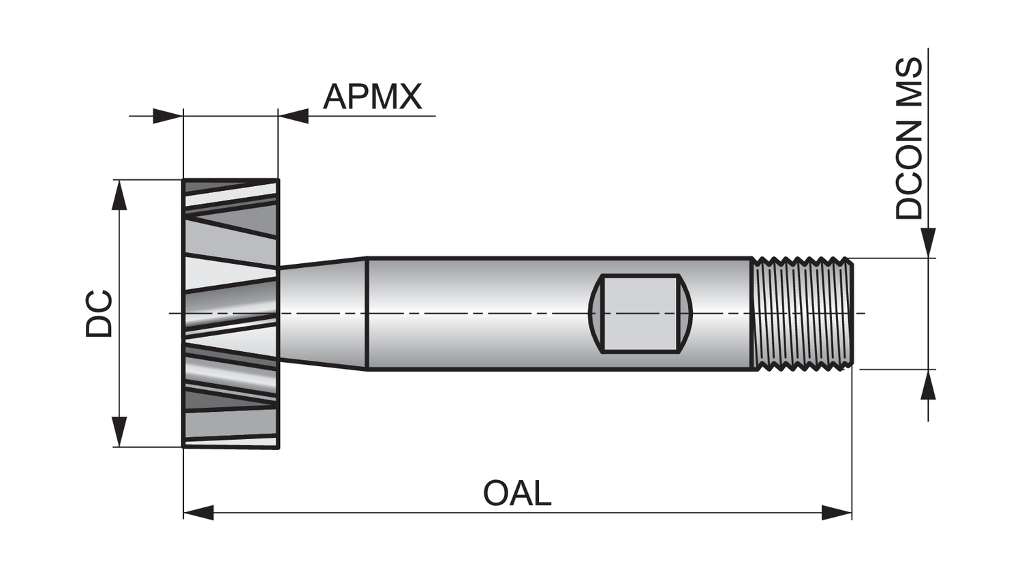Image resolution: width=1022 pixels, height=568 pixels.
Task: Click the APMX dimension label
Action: coord(372,97)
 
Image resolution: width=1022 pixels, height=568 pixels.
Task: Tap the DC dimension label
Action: coord(99,314)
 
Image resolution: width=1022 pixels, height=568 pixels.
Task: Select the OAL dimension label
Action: coord(516,493)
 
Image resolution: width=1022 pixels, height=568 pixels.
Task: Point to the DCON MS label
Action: coord(909,138)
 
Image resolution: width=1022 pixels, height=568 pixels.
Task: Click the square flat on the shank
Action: coord(640,314)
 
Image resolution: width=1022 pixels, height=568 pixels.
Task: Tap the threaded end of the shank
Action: coord(803,314)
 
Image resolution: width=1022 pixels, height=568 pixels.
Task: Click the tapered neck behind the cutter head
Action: coord(323,314)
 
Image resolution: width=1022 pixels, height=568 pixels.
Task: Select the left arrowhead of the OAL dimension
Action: coord(198,512)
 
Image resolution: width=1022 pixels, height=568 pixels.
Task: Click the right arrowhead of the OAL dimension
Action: coord(837,512)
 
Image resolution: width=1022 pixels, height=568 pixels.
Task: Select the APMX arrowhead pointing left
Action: coord(294,116)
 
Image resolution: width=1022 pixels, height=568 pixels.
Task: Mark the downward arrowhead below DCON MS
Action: coord(928,243)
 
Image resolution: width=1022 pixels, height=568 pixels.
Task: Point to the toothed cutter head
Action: coord(230,314)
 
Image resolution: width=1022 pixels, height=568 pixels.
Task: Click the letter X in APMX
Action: coord(409,97)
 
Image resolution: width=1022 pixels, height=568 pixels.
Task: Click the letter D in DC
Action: coord(99,326)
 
